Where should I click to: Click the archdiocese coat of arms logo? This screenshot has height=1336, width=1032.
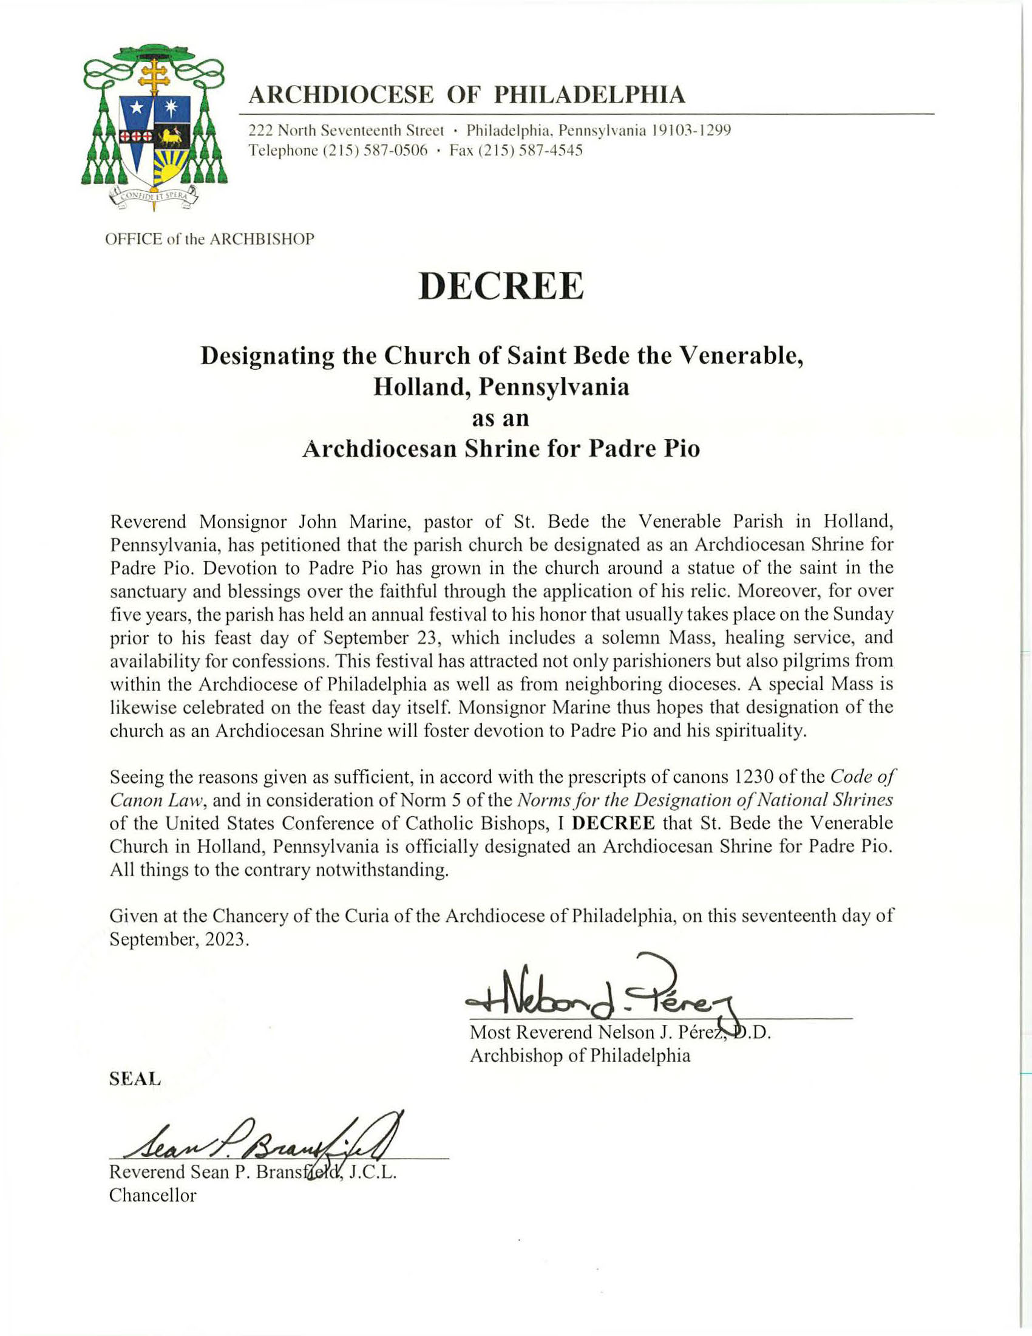[x=154, y=129]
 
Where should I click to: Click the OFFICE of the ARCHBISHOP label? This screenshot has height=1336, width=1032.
[x=210, y=239]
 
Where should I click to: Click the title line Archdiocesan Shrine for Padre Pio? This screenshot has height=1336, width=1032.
[x=501, y=449]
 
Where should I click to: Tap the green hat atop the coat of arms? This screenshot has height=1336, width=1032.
[x=154, y=55]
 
